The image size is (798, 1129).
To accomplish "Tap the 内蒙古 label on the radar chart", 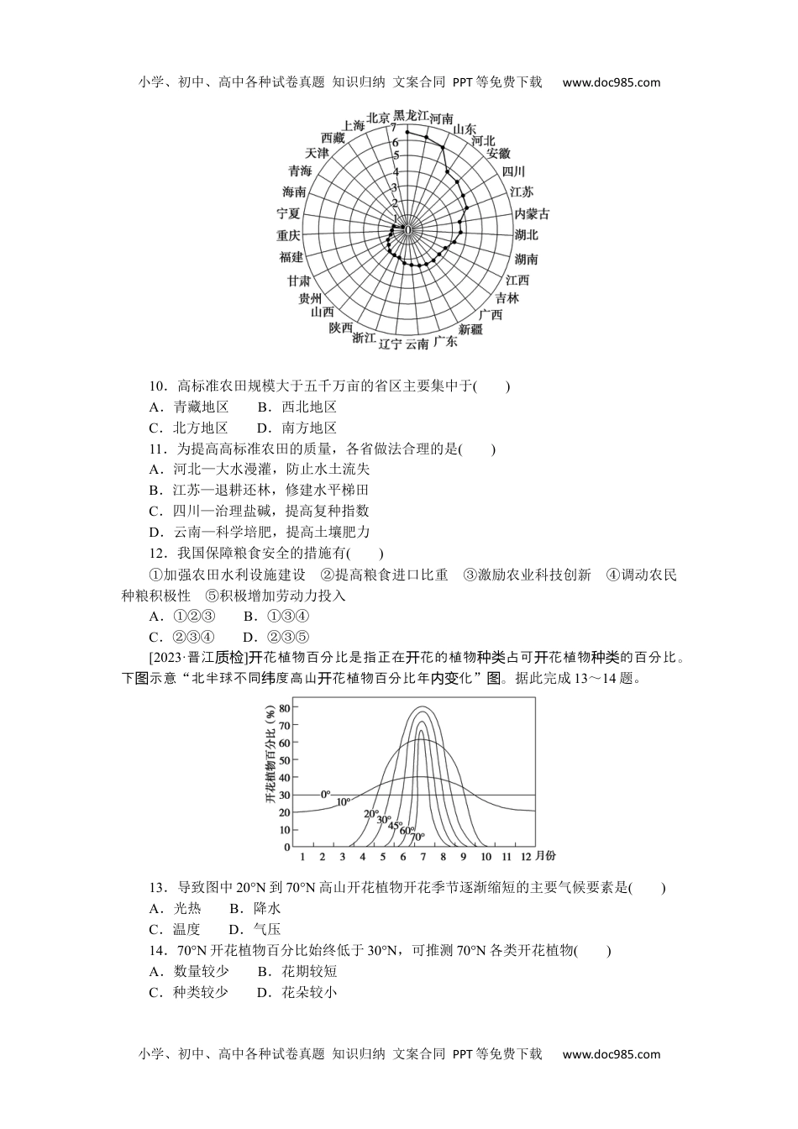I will click(532, 213).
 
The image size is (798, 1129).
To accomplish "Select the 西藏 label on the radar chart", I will click(333, 138).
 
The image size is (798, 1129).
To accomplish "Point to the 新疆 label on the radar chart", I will click(470, 329).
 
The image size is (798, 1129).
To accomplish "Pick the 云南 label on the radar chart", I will click(417, 344).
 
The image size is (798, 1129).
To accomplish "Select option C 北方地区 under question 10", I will click(189, 427).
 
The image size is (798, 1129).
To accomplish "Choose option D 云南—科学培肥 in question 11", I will click(260, 532).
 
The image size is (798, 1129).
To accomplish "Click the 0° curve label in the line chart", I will click(325, 793).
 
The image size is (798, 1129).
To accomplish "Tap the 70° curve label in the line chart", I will click(417, 837).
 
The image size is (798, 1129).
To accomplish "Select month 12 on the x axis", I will click(527, 856).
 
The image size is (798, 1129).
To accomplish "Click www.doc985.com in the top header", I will click(611, 82).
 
